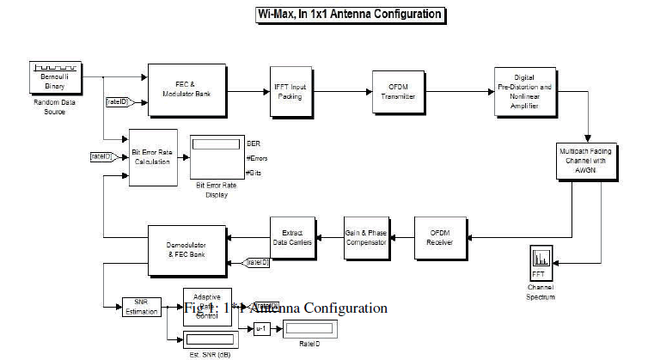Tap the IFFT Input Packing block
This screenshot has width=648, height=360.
(290, 90)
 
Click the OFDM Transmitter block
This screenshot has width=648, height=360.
(398, 91)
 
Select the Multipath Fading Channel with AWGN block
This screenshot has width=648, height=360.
(588, 161)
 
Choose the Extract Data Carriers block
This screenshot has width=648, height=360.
(290, 235)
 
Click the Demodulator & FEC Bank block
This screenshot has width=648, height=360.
(186, 249)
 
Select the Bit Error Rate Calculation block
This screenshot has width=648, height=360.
(153, 157)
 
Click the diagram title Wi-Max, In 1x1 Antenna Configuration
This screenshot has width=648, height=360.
(351, 15)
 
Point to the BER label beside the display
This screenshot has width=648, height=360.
(254, 142)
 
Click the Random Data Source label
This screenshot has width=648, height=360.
(54, 106)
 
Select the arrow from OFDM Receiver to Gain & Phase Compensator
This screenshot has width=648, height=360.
(404, 235)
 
